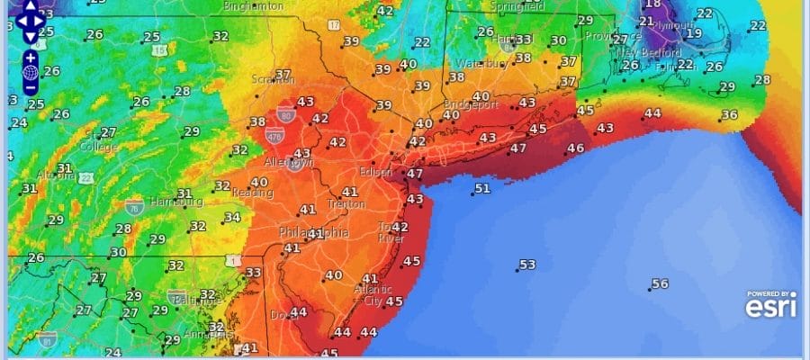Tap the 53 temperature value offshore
pyautogui.click(x=527, y=265)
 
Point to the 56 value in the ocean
pyautogui.click(x=660, y=283)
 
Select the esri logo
pyautogui.click(x=769, y=307)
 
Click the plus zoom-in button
pyautogui.click(x=30, y=57)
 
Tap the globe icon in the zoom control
pyautogui.click(x=30, y=72)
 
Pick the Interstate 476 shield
pyautogui.click(x=274, y=135)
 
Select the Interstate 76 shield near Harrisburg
pyautogui.click(x=134, y=206)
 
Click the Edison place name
pyautogui.click(x=374, y=172)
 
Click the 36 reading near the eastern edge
pyautogui.click(x=729, y=115)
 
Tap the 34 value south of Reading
pyautogui.click(x=232, y=217)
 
